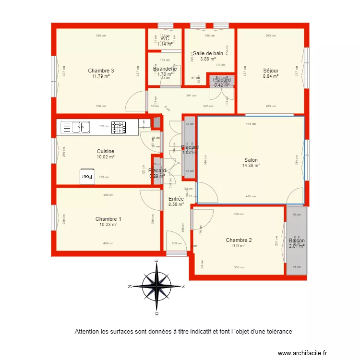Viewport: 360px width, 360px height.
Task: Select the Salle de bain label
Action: pyautogui.click(x=208, y=53)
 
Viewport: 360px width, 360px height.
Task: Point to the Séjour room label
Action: pyautogui.click(x=271, y=71)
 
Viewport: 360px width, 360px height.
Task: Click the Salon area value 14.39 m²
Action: pyautogui.click(x=251, y=166)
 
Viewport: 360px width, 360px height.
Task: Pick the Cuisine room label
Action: pyautogui.click(x=105, y=151)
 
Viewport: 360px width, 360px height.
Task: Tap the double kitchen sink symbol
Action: pyautogui.click(x=75, y=127)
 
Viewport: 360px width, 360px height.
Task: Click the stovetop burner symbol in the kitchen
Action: pyautogui.click(x=119, y=127)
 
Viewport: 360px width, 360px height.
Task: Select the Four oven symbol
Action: pyautogui.click(x=87, y=176)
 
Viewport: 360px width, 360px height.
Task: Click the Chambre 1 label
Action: pyautogui.click(x=108, y=219)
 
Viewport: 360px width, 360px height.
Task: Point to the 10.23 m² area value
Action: pyautogui.click(x=108, y=224)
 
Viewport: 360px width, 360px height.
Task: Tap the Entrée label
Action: pyautogui.click(x=176, y=199)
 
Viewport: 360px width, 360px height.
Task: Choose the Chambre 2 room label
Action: pyautogui.click(x=239, y=240)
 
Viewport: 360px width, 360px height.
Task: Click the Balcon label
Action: pyautogui.click(x=297, y=241)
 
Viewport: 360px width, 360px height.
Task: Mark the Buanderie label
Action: pyautogui.click(x=165, y=69)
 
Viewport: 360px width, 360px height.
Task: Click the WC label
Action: pyautogui.click(x=165, y=38)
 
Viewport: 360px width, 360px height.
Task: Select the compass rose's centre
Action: pyautogui.click(x=156, y=287)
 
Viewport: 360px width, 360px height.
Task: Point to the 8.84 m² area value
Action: pyautogui.click(x=271, y=76)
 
